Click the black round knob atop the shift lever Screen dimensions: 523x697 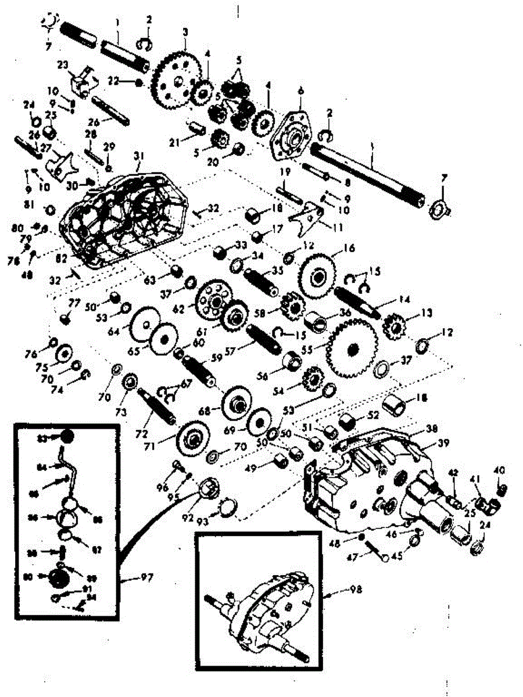click(67, 436)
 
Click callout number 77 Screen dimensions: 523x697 click(75, 303)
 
